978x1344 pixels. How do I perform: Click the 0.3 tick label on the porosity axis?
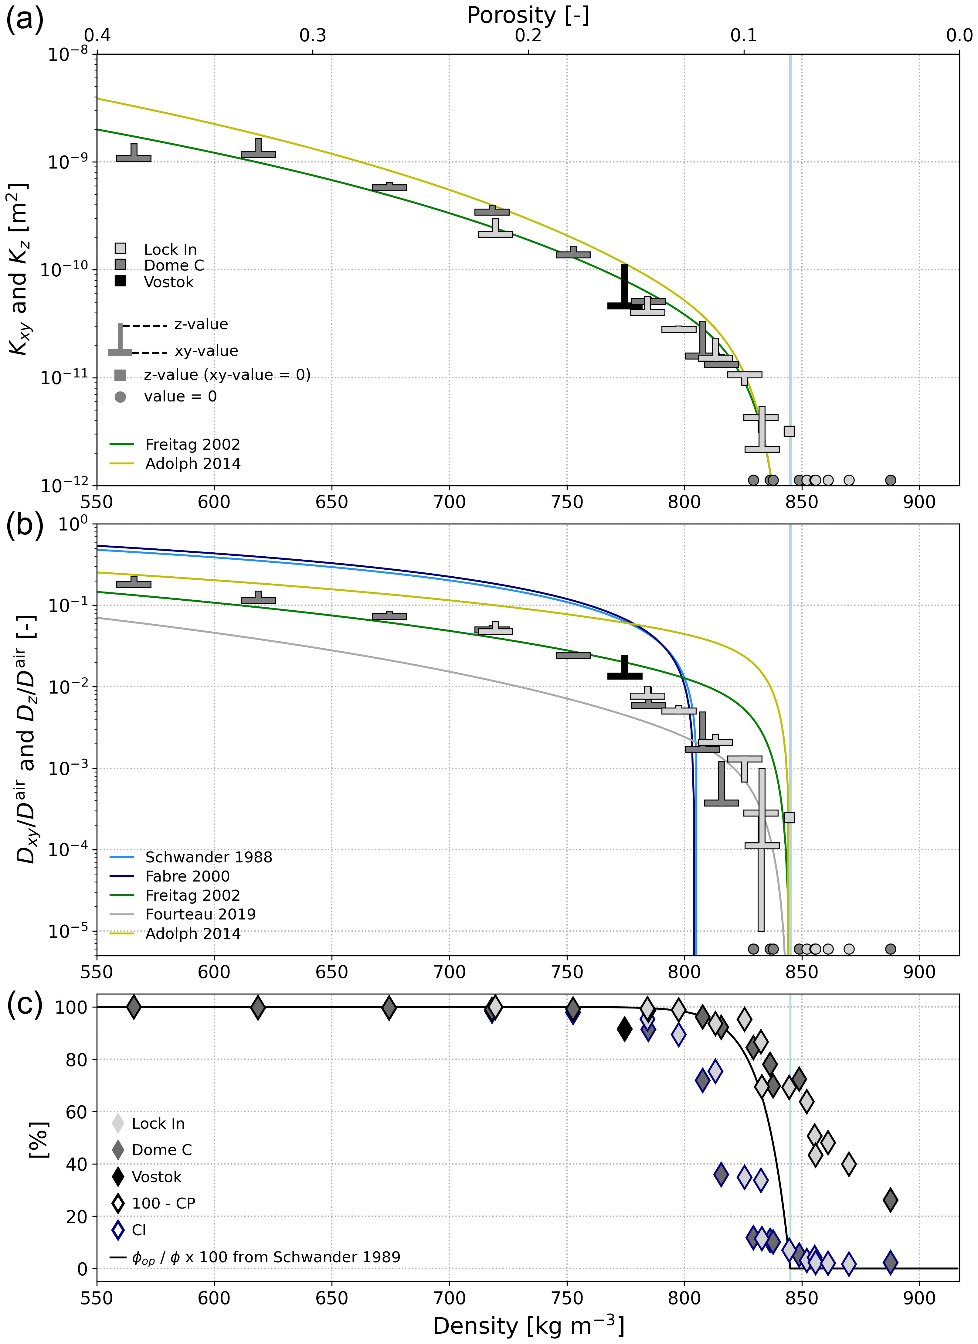[x=313, y=36]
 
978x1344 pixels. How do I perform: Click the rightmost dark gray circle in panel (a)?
[x=890, y=480]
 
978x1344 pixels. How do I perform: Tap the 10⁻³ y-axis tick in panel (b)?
[x=68, y=768]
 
